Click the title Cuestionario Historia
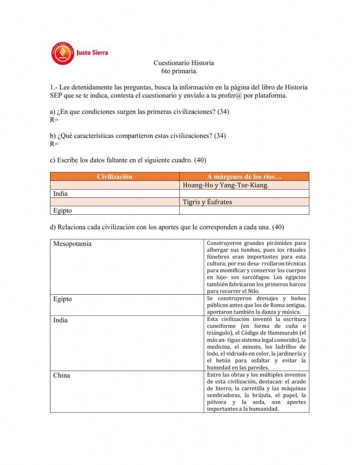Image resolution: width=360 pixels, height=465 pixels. tap(184, 63)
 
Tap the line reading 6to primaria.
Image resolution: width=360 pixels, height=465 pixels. tap(179, 71)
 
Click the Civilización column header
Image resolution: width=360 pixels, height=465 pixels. tap(114, 176)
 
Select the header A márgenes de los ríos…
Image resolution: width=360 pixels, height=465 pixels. tap(244, 176)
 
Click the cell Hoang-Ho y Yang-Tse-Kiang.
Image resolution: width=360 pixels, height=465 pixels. tap(226, 185)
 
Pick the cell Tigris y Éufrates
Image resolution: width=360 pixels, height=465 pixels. tap(207, 202)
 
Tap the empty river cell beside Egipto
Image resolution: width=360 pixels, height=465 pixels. tap(244, 210)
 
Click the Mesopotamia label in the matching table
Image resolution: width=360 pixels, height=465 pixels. tap(72, 244)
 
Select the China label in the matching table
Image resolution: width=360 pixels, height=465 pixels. tap(62, 375)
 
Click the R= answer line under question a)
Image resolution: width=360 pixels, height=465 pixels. tap(54, 120)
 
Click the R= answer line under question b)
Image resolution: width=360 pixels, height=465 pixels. tap(54, 144)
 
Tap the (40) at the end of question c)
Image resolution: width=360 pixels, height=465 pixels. tap(200, 160)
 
